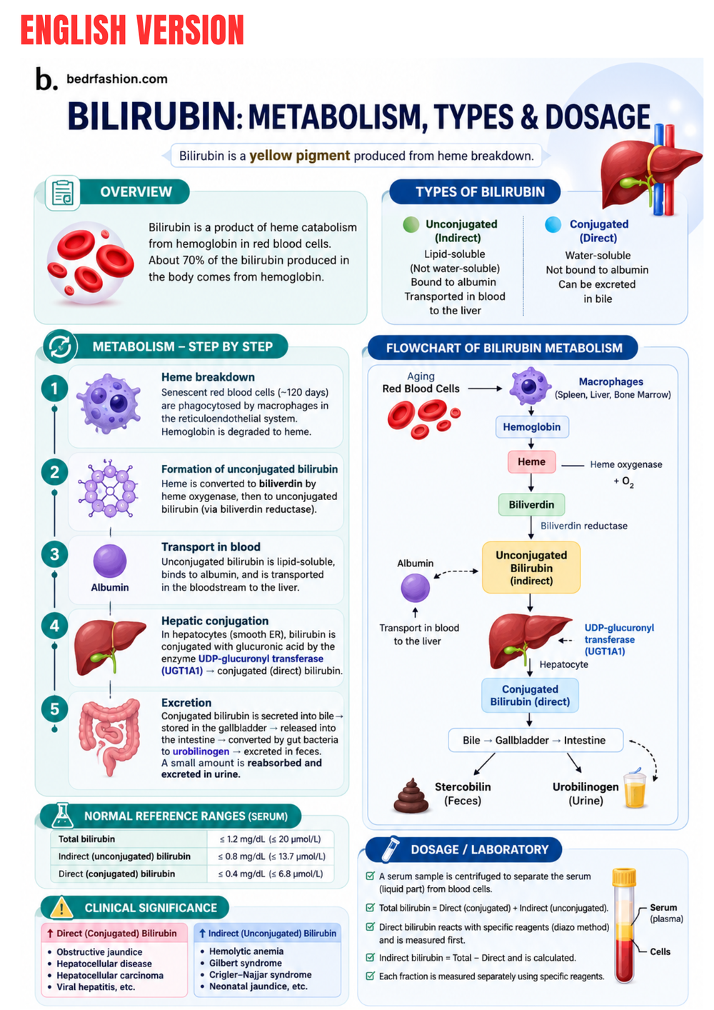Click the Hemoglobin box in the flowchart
point(532,427)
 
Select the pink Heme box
point(531,461)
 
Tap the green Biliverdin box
point(531,504)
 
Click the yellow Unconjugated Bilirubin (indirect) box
point(531,568)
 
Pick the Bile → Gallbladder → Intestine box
point(535,740)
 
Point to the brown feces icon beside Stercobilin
point(411,796)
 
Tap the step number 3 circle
point(54,554)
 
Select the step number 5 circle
point(54,709)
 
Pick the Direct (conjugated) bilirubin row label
point(117,874)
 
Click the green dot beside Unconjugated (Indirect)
point(411,224)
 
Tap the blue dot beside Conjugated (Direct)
point(553,224)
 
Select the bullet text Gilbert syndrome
point(246,963)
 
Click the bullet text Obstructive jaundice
point(100,952)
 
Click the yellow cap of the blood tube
point(624,876)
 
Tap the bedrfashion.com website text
point(117,79)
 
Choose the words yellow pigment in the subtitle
point(300,156)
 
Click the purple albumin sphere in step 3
point(110,561)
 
